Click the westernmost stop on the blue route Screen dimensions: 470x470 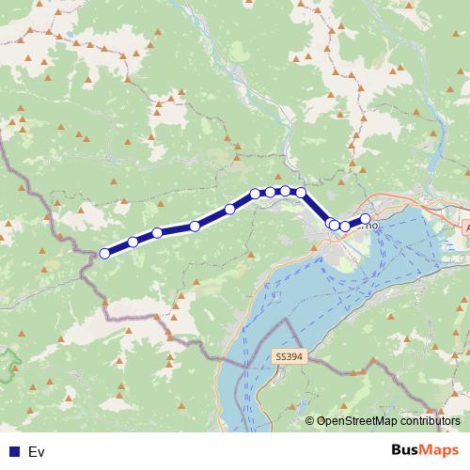104,253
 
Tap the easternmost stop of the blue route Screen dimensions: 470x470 366,219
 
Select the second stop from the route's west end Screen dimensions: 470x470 133,242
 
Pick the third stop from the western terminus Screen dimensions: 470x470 158,232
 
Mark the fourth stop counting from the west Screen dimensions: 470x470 195,226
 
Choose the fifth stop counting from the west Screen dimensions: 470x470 230,209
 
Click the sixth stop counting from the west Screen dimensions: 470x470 256,194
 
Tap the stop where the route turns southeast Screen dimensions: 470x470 302,192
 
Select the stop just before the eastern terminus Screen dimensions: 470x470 346,227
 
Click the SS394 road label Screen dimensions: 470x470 289,357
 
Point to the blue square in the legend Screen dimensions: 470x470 13,452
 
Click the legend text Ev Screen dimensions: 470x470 37,452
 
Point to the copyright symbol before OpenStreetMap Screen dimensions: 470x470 309,421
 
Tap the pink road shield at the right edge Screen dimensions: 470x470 466,228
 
